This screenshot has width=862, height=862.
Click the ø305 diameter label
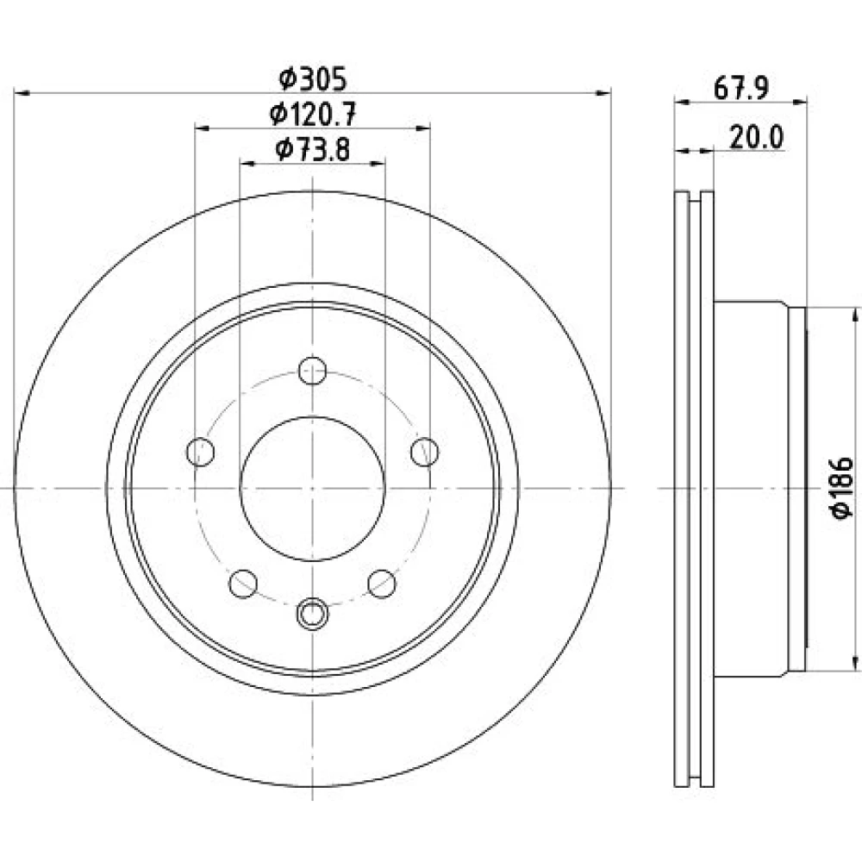313,79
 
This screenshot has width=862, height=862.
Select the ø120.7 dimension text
313,115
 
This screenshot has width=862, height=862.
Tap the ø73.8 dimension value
313,149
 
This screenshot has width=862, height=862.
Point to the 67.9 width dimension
740,88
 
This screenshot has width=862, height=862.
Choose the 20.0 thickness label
757,137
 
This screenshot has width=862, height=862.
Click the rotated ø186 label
841,487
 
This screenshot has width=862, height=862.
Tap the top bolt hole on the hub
312,371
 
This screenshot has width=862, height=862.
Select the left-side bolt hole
201,452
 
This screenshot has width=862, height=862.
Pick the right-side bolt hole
425,452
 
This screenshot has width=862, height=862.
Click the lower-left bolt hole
243,584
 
